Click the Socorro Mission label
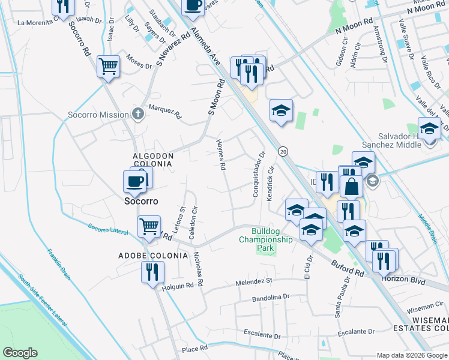pyautogui.click(x=98, y=115)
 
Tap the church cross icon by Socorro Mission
pyautogui.click(x=138, y=114)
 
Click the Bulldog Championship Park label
pyautogui.click(x=266, y=239)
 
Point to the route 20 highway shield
pyautogui.click(x=283, y=152)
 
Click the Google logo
pyautogui.click(x=20, y=353)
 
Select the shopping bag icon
pyautogui.click(x=352, y=186)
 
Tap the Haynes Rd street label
pyautogui.click(x=220, y=154)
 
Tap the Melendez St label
pyautogui.click(x=254, y=281)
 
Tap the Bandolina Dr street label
pyautogui.click(x=270, y=297)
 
